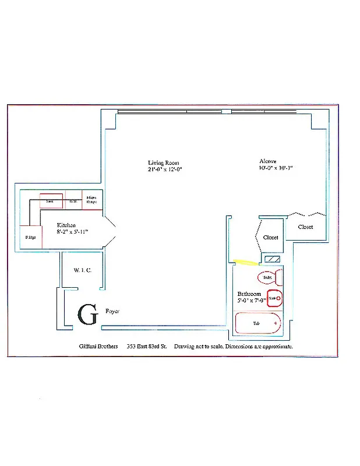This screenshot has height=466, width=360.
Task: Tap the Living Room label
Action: click(163, 163)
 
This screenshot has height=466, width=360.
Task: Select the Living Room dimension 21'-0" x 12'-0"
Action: click(165, 170)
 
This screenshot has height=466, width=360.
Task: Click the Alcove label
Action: click(268, 161)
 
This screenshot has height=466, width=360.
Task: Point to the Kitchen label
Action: click(66, 225)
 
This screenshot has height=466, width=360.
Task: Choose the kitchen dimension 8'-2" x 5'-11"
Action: click(72, 232)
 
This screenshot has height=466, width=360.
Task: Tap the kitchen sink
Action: click(51, 200)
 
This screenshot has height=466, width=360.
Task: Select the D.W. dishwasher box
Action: click(73, 201)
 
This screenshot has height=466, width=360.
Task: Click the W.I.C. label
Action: click(80, 270)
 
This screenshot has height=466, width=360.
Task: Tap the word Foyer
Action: click(112, 312)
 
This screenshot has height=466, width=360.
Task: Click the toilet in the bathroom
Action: click(269, 278)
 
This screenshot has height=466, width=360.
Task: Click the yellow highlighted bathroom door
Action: click(245, 262)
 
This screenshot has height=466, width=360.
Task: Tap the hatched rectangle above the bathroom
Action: click(272, 259)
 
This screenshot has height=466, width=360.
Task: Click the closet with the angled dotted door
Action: click(270, 237)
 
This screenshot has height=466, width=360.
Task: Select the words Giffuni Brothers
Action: click(98, 346)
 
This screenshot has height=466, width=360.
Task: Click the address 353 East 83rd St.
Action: click(147, 346)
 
